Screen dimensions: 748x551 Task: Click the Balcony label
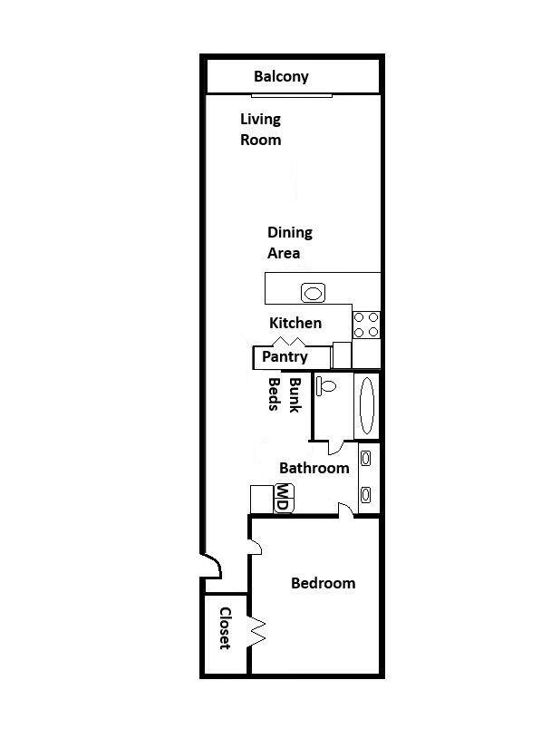click(x=281, y=76)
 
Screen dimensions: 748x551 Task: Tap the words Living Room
click(x=260, y=129)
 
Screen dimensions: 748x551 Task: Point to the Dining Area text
click(x=289, y=243)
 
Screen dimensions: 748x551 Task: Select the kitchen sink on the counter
click(x=313, y=292)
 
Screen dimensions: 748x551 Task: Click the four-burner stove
click(x=366, y=325)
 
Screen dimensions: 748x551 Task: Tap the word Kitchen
click(x=295, y=323)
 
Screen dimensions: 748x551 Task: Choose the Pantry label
click(x=285, y=356)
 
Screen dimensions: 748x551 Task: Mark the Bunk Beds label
click(x=282, y=395)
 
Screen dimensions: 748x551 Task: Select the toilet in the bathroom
click(x=326, y=386)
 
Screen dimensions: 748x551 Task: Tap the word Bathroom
click(x=314, y=468)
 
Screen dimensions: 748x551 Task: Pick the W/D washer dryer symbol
click(x=283, y=498)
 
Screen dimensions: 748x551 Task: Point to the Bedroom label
click(x=323, y=583)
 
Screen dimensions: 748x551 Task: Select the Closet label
click(x=225, y=627)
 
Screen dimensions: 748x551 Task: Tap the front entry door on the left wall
click(x=211, y=567)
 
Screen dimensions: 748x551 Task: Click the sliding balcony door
click(x=292, y=93)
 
